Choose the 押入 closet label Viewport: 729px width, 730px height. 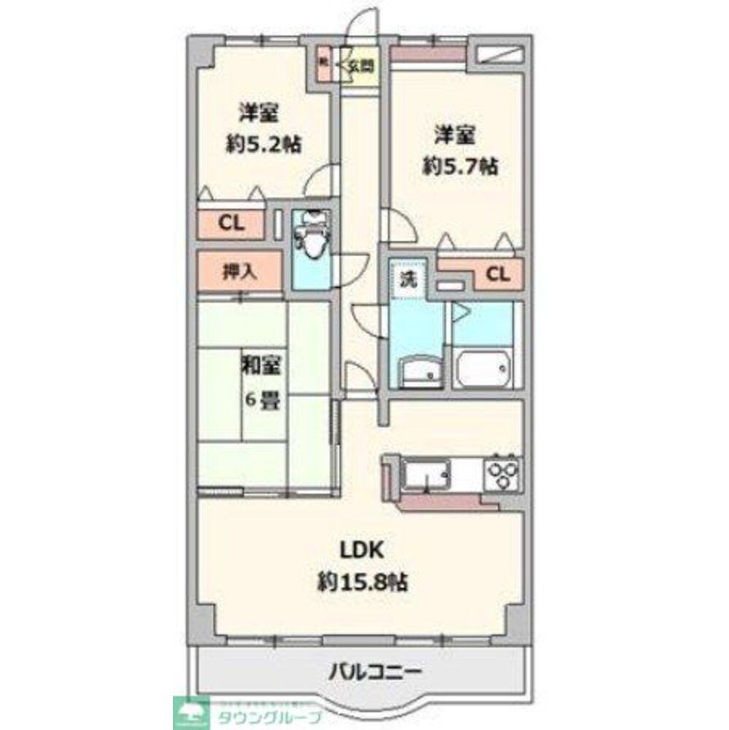click(239, 272)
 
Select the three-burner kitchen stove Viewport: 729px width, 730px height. click(503, 473)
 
